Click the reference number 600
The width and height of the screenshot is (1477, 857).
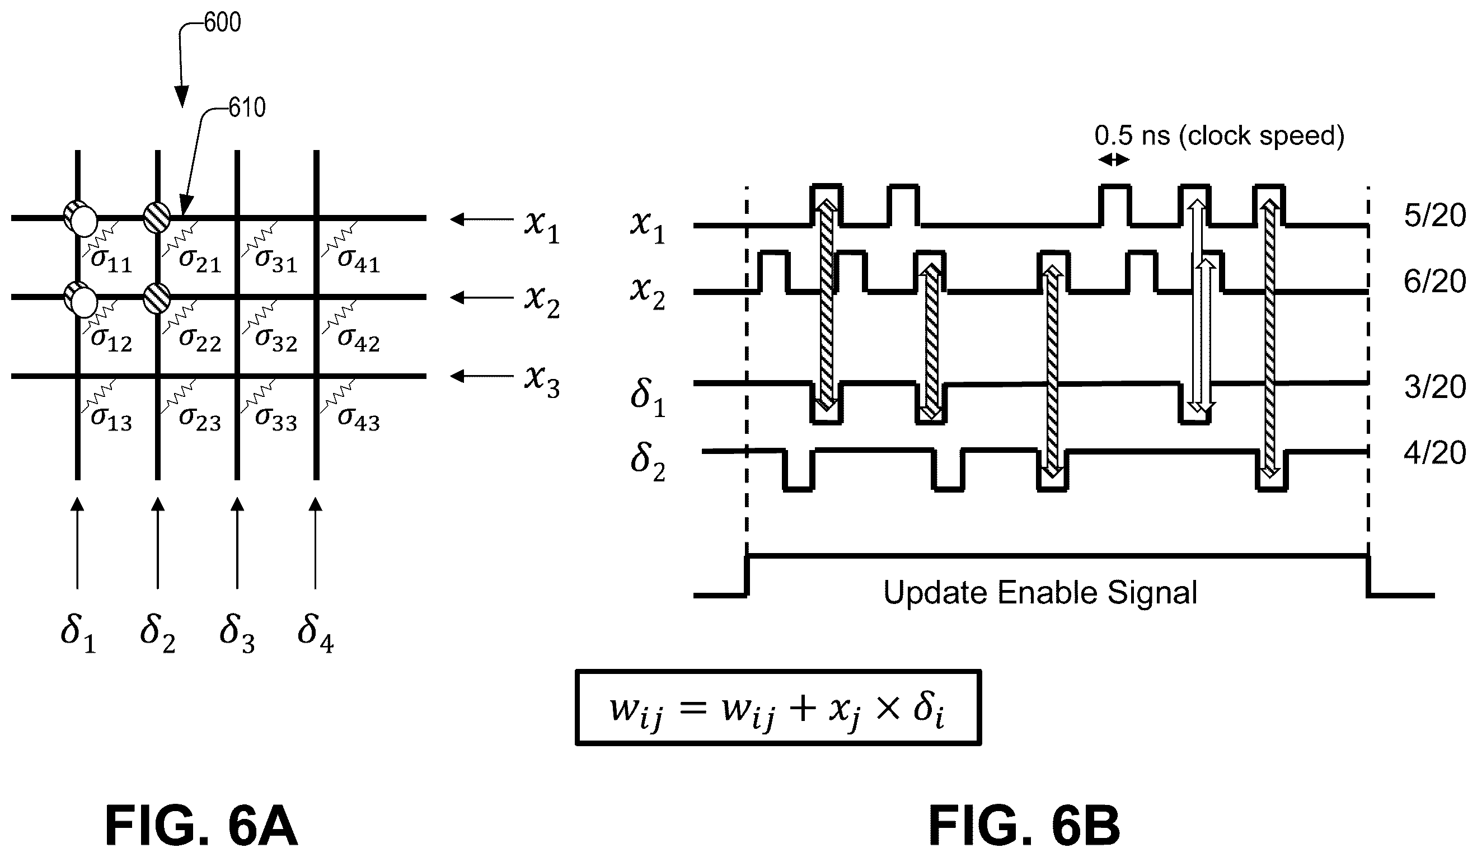tap(223, 23)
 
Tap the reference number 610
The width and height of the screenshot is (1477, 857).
tap(247, 108)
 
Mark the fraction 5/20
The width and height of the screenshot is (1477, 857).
tap(1435, 216)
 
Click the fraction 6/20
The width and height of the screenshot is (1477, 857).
tap(1435, 282)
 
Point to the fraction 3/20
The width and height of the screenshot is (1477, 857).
tap(1435, 387)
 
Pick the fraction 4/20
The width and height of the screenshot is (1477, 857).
tap(1435, 453)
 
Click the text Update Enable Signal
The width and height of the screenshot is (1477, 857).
tap(1040, 593)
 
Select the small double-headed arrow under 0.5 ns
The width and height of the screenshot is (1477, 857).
tap(1113, 160)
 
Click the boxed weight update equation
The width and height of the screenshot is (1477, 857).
tap(779, 708)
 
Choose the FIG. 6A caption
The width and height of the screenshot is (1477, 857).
tap(201, 826)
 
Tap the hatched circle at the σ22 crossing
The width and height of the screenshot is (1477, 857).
tap(157, 297)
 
